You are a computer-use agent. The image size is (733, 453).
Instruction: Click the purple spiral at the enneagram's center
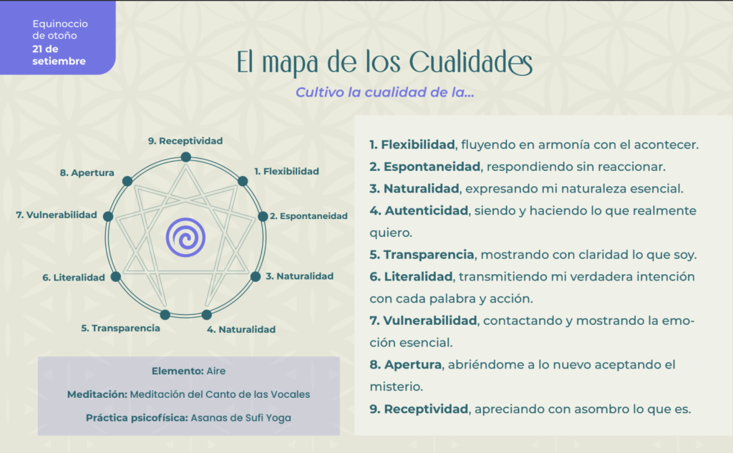(185, 238)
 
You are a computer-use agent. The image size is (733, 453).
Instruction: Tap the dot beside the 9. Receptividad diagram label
(185, 157)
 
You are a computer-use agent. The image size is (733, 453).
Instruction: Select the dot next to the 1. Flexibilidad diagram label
(243, 181)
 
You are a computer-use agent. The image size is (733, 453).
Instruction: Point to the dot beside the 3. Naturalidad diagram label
(256, 276)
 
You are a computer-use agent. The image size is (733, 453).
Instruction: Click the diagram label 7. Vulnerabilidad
(57, 215)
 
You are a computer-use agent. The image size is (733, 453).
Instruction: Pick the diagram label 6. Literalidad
(74, 278)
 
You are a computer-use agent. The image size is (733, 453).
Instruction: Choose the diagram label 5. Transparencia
(120, 328)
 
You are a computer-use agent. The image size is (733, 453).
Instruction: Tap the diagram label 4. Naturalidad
(241, 330)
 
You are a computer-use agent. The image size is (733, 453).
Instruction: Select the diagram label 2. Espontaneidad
(309, 216)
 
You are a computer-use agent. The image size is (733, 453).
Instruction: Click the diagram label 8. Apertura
(87, 173)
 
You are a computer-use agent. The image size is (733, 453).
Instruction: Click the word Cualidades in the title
(471, 63)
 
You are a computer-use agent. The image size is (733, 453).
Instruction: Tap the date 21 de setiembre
(59, 55)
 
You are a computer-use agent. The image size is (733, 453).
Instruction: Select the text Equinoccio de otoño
(60, 29)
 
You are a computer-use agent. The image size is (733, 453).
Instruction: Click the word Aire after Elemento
(216, 371)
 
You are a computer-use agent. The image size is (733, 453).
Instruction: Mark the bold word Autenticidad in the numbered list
(427, 211)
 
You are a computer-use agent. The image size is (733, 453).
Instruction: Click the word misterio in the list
(396, 386)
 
